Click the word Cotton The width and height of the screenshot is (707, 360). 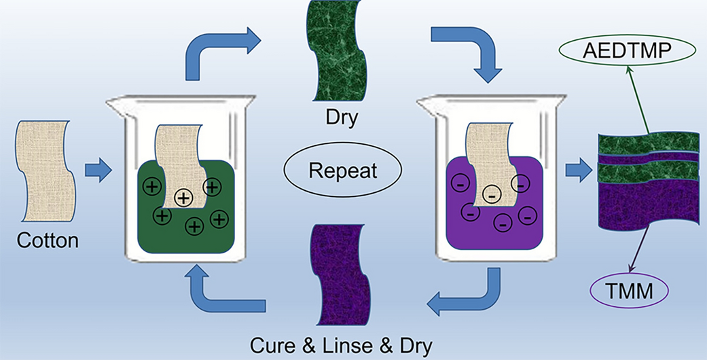[x=48, y=241]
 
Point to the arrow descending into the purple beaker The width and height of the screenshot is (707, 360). [x=469, y=51]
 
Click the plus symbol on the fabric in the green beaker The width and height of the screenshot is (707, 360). [x=183, y=198]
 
